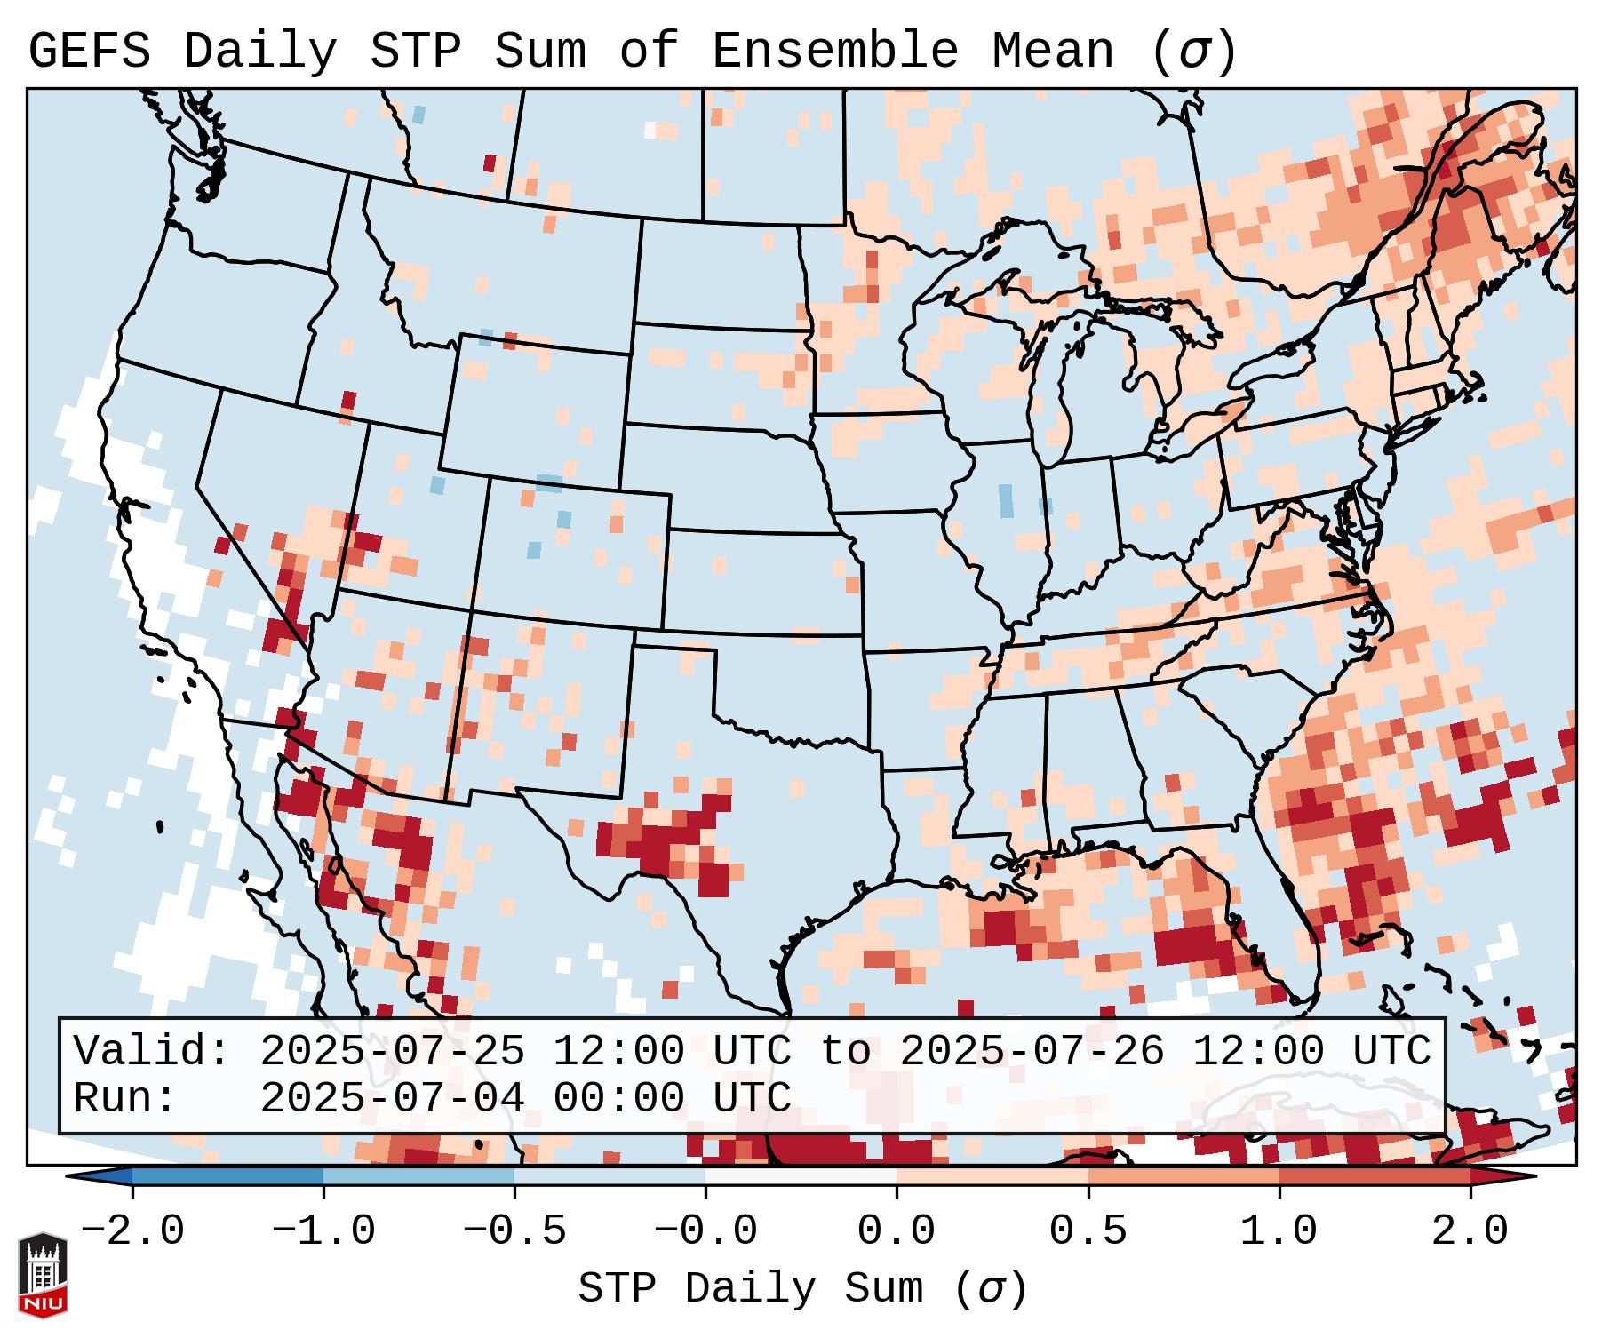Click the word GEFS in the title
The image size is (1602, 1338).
[89, 52]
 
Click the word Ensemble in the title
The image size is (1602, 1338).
[834, 52]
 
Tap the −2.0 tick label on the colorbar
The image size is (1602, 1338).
[132, 1231]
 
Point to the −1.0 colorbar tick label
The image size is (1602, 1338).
[323, 1231]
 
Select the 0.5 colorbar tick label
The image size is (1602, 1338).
[1088, 1231]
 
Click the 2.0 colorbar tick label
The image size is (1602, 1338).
[1470, 1231]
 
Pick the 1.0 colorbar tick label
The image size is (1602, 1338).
[1279, 1231]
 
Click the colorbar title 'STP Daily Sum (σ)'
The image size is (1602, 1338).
[802, 1289]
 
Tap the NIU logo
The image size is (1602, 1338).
[43, 1275]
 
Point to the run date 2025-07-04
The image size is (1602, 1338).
[392, 1098]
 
